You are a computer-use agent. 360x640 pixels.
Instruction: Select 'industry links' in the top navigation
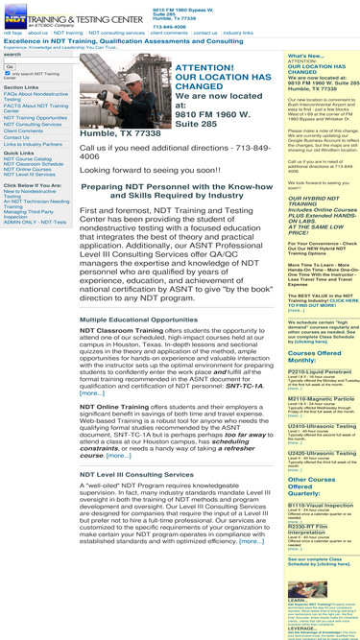click(x=237, y=32)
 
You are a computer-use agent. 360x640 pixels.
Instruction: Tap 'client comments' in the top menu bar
click(x=169, y=32)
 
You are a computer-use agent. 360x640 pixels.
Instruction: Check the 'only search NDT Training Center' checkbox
click(x=8, y=73)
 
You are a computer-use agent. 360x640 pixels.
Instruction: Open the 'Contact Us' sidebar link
click(x=16, y=137)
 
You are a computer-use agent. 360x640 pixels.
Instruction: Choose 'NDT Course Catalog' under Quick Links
click(x=29, y=158)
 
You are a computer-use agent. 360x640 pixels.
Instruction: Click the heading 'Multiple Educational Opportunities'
click(x=139, y=319)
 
